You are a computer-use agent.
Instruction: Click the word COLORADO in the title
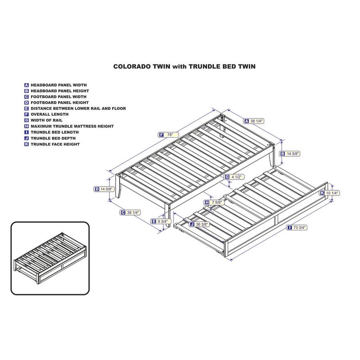coord(142,67)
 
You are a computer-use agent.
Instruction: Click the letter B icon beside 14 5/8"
coord(283,154)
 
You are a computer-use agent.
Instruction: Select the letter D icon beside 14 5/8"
coord(97,189)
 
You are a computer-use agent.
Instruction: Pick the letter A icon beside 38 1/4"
coord(247,121)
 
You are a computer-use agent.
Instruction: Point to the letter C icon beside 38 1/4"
coord(123,212)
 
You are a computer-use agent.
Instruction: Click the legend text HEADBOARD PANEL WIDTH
coord(59,85)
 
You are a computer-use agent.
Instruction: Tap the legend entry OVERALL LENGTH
coord(49,114)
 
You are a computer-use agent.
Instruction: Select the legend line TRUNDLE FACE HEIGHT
coord(55,144)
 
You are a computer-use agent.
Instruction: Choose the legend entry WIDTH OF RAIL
coord(46,120)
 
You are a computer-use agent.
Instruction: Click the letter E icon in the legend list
coord(27,108)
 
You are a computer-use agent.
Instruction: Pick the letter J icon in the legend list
coord(27,139)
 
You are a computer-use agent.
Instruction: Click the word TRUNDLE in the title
coord(205,67)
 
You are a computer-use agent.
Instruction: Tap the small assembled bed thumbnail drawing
coord(50,257)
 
